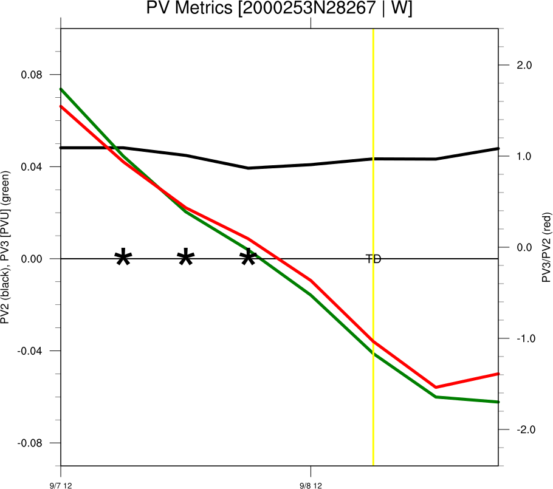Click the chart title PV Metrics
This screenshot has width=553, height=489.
point(279,9)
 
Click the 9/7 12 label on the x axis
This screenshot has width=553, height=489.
point(61,485)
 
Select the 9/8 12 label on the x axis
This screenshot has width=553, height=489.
point(311,485)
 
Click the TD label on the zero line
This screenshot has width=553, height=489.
point(373,259)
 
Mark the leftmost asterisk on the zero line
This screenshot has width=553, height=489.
point(123,258)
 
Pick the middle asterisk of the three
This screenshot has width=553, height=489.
point(186,258)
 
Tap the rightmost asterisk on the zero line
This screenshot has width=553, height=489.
point(248,258)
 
